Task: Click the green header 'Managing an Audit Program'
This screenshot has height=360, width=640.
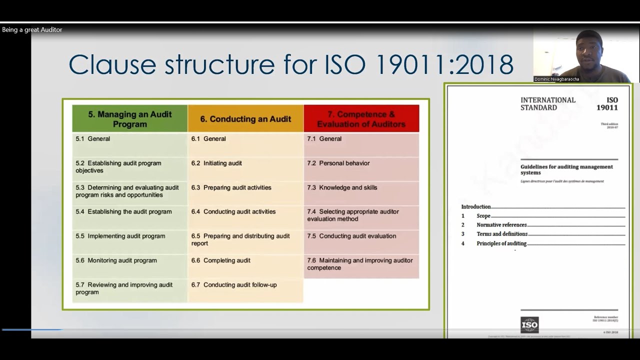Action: coord(129,118)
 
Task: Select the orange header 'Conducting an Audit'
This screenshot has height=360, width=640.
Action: coord(245,119)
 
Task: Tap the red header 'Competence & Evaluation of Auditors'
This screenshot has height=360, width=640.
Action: coord(361,119)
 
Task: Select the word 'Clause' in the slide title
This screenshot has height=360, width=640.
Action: coord(112,64)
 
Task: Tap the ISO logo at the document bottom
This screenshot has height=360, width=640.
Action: coord(529,325)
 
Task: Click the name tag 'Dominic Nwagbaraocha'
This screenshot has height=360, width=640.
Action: coord(556,79)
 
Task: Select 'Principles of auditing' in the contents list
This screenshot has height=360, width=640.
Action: coord(501,243)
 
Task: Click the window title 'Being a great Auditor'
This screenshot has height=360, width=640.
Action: coord(32,30)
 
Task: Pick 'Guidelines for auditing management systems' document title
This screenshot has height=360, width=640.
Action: coord(566,169)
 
